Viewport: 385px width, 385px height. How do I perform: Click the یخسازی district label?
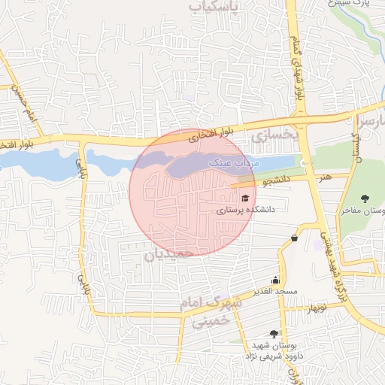(x=275, y=135)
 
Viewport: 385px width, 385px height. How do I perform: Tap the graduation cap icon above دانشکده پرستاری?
(x=246, y=198)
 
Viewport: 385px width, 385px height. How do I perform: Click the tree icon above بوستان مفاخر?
(x=365, y=199)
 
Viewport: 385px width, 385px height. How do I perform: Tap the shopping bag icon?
(x=293, y=238)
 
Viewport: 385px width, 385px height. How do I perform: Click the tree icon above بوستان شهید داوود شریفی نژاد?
(x=274, y=333)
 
